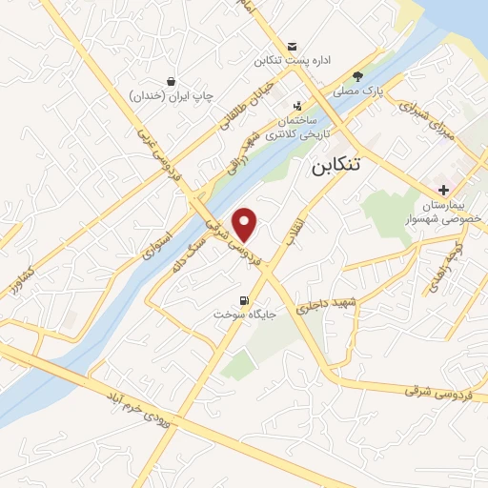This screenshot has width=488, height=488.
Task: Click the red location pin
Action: point(246,224)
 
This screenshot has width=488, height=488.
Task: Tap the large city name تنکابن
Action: point(336,164)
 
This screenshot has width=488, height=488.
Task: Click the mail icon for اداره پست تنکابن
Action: point(292,47)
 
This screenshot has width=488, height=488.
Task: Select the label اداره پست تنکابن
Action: point(292,61)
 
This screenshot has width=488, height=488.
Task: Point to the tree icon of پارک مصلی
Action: point(357,77)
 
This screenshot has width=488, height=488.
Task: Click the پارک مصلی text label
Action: point(356,92)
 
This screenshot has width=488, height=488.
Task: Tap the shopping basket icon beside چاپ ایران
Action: point(171,82)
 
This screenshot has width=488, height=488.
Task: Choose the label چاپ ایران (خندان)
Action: point(171,96)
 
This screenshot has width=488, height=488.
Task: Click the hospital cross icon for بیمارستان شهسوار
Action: point(444,191)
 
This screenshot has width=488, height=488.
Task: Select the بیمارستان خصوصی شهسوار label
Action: point(452,211)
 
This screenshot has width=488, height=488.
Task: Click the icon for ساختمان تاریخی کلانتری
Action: point(298,107)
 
